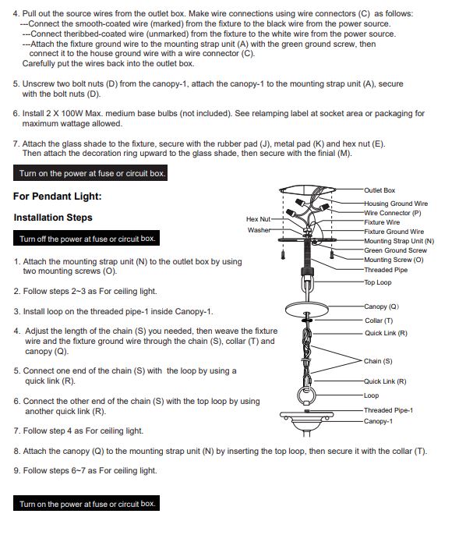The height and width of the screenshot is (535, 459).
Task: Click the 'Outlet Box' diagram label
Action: (x=380, y=190)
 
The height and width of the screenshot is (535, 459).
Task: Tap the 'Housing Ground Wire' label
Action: (x=396, y=204)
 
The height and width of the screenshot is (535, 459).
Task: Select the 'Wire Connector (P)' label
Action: (x=393, y=213)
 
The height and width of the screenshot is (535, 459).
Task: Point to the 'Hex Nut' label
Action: (x=258, y=219)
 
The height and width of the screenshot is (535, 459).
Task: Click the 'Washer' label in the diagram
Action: (x=259, y=230)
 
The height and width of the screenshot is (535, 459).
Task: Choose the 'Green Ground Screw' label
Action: (x=395, y=250)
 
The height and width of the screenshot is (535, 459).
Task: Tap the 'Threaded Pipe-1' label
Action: (x=388, y=410)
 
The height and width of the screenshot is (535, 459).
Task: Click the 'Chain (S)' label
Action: (x=378, y=361)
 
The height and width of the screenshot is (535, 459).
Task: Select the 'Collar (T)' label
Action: (x=379, y=321)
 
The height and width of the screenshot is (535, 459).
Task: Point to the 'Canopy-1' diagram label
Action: (x=378, y=421)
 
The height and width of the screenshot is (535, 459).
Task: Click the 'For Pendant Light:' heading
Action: (x=58, y=197)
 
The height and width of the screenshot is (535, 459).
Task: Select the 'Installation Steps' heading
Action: (x=53, y=218)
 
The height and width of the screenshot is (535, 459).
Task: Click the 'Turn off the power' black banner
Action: (x=87, y=238)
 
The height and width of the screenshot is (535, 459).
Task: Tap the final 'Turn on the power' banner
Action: (x=87, y=503)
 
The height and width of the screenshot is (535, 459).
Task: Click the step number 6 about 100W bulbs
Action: (x=16, y=113)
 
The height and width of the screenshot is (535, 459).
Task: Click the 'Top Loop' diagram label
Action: (x=377, y=282)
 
